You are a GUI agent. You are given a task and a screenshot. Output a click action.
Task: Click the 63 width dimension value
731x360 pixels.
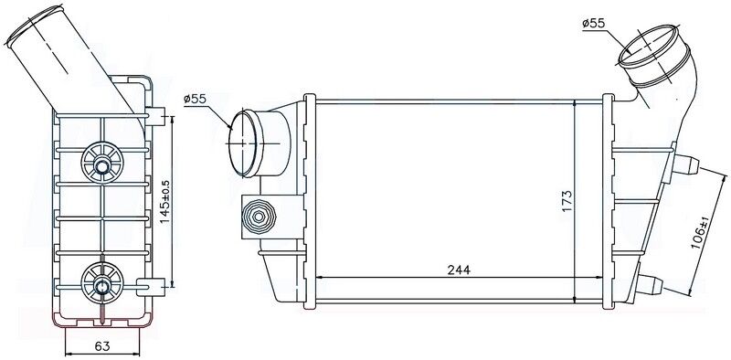tap(102, 345)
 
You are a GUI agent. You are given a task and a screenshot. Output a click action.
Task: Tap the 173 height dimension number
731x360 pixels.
tap(567, 198)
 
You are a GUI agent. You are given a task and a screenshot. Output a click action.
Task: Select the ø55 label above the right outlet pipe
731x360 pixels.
tap(594, 19)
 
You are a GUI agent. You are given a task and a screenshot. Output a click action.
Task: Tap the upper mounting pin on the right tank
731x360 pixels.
tap(687, 164)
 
